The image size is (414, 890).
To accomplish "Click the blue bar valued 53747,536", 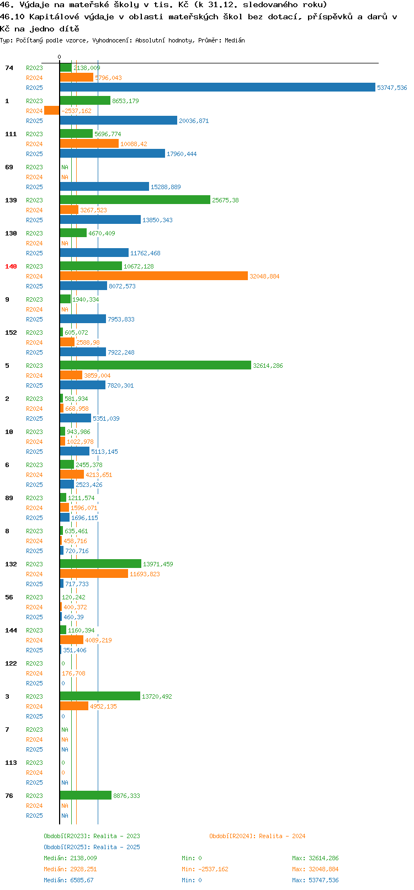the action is click(x=217, y=88).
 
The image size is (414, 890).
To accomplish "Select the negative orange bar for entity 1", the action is click(x=52, y=110).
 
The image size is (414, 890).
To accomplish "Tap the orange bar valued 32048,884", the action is click(x=154, y=276).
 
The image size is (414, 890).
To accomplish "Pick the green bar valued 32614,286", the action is click(x=156, y=366).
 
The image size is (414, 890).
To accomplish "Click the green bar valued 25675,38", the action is click(x=135, y=200).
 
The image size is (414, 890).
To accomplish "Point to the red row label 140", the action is click(x=10, y=266).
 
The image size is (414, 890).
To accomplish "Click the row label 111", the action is click(x=10, y=134).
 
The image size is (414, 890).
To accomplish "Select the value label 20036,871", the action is click(x=194, y=121).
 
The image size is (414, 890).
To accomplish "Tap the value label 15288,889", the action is click(x=166, y=187).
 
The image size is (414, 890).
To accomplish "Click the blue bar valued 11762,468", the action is click(x=94, y=253).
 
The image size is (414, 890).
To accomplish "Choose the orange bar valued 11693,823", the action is click(x=94, y=573).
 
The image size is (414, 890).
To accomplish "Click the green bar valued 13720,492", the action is click(x=100, y=696).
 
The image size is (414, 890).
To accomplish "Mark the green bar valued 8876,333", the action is click(x=86, y=796).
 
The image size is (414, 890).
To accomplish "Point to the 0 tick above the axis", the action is click(x=59, y=57).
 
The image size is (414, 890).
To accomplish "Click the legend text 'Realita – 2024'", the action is click(x=282, y=836).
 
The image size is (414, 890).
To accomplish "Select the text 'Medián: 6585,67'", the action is click(x=68, y=880).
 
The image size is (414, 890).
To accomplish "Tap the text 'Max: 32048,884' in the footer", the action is click(x=315, y=869).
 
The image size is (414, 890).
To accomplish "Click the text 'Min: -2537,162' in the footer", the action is click(x=205, y=869).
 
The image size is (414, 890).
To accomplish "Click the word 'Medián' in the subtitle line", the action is click(x=235, y=40).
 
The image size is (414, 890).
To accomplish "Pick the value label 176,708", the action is click(x=73, y=673).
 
